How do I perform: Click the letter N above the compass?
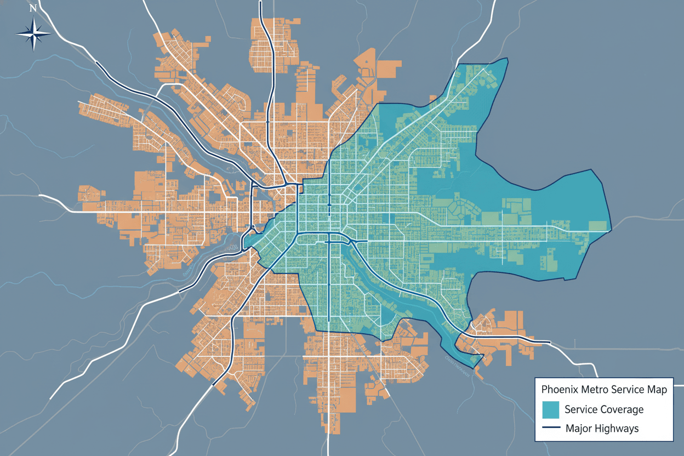33,8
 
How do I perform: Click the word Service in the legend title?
626,390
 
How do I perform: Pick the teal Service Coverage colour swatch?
550,409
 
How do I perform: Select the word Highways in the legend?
618,428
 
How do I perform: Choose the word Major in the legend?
579,428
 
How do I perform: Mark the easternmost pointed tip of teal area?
611,231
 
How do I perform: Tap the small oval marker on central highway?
329,204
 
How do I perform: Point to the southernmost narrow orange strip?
330,422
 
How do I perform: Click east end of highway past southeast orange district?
549,343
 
